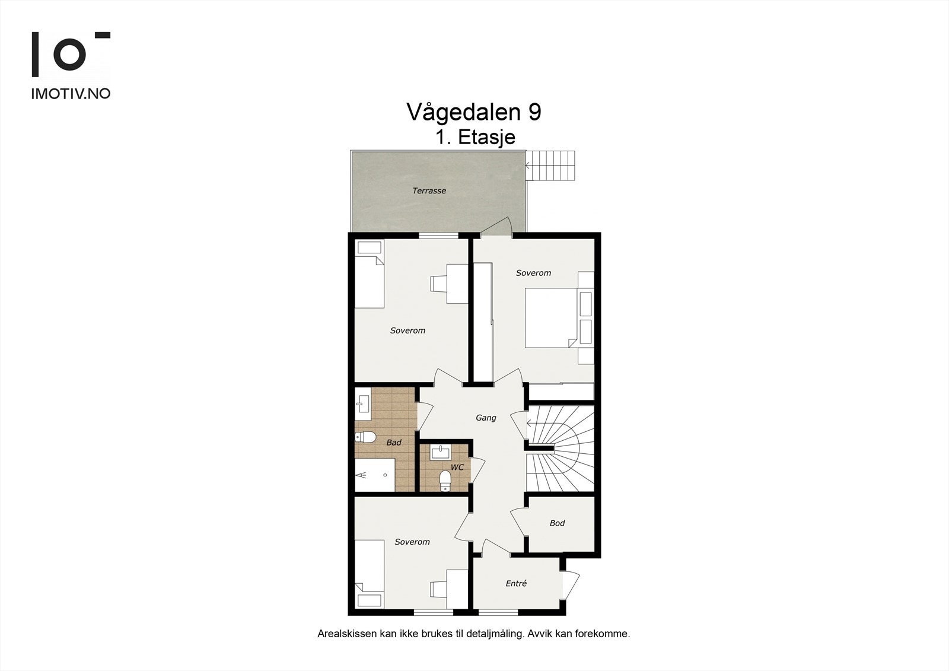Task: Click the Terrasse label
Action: click(x=429, y=191)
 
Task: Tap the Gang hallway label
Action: click(x=486, y=418)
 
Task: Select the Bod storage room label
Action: click(x=557, y=523)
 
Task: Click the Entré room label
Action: click(x=516, y=584)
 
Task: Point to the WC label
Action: click(x=457, y=468)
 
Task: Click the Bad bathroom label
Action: click(x=393, y=443)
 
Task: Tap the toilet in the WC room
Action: click(x=445, y=481)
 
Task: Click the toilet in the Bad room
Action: click(x=365, y=438)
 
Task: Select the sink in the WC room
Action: click(x=440, y=453)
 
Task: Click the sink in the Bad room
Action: click(x=362, y=405)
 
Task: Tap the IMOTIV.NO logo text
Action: click(x=71, y=94)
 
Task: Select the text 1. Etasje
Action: click(x=475, y=138)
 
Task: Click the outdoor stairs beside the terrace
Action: click(x=552, y=166)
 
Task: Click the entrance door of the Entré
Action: click(x=571, y=584)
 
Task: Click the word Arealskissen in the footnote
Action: click(x=346, y=634)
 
